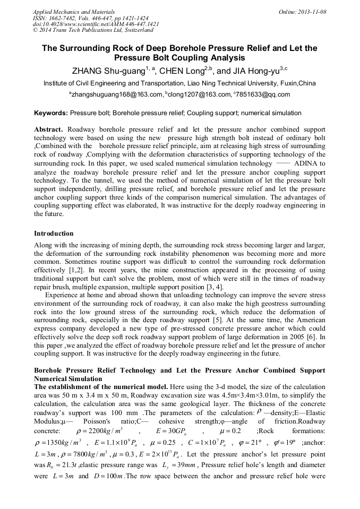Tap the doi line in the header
96,24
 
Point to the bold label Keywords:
51,113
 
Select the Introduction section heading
54,234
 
